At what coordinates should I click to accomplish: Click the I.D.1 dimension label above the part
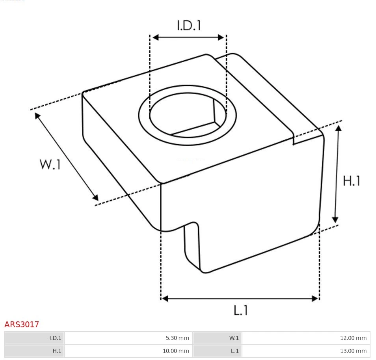189,25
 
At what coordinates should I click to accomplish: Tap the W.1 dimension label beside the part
50,164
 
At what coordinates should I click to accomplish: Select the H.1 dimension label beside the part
352,181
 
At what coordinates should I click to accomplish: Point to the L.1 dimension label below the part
240,310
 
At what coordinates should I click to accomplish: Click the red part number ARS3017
22,325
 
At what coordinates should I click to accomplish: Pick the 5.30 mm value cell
128,338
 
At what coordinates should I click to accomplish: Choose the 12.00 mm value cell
306,338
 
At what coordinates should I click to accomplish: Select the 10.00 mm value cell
128,351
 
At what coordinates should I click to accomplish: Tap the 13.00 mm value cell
306,351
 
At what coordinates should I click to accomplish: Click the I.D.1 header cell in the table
34,338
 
